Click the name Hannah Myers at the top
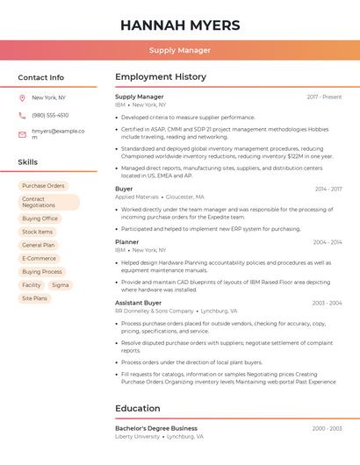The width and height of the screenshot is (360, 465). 179,24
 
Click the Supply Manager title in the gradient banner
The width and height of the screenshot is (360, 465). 179,50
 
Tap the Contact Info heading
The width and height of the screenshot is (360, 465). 41,77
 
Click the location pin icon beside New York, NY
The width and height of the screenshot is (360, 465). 22,97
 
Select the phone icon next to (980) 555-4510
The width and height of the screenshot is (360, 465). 22,115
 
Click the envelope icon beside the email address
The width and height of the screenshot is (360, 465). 22,134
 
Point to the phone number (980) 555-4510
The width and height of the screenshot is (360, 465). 50,115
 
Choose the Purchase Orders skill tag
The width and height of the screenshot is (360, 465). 43,186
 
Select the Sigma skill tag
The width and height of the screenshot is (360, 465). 60,285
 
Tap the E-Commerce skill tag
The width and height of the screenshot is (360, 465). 39,259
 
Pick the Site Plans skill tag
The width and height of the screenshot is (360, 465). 34,298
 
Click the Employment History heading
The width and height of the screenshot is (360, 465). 160,77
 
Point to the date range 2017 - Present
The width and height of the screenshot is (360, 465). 324,97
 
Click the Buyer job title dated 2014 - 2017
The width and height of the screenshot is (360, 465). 124,189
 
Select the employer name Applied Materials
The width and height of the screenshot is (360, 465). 137,197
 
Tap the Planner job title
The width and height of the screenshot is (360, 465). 126,241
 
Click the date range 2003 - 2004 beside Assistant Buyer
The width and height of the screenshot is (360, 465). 327,303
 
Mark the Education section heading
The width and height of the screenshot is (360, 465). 138,408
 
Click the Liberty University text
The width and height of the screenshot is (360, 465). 137,436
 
